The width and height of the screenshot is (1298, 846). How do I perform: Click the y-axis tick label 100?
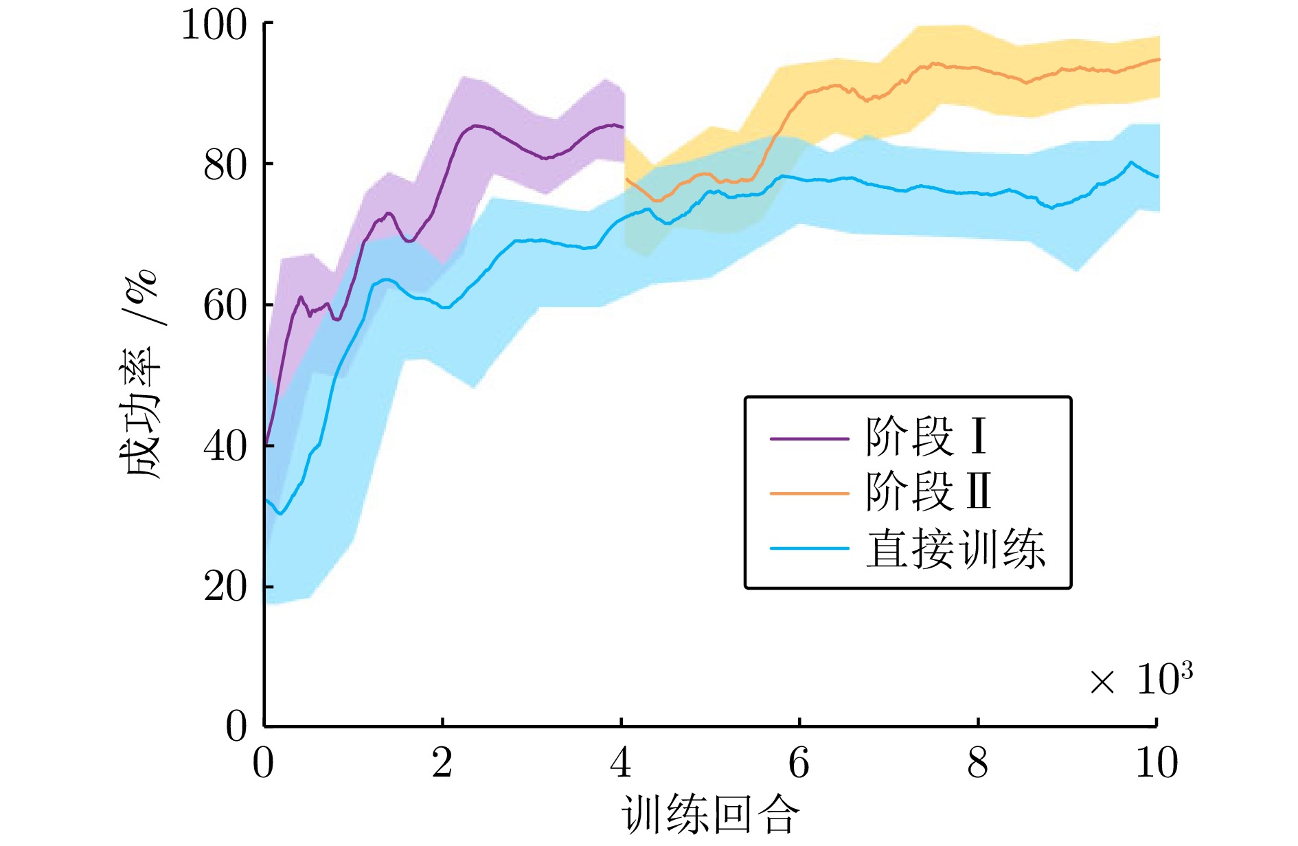(214, 26)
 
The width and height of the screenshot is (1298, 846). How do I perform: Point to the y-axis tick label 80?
(225, 166)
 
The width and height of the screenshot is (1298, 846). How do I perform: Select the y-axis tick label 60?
(225, 307)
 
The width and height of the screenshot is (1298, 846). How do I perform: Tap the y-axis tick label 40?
(225, 447)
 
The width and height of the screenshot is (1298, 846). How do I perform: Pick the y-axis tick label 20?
(225, 588)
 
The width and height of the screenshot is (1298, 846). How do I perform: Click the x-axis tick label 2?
(442, 763)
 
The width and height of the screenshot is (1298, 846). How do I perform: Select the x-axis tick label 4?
(621, 763)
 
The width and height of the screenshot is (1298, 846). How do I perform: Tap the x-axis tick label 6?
(799, 763)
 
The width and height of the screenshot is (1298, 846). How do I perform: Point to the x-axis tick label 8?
(978, 763)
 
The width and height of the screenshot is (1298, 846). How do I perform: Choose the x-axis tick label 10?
(1157, 763)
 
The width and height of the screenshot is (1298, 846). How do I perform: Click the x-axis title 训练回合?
(711, 816)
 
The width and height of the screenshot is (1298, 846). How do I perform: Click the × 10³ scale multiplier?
(1141, 680)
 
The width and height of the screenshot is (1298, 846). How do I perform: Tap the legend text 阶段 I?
(926, 437)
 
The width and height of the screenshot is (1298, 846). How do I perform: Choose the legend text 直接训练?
(955, 549)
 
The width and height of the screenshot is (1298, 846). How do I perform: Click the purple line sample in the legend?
(809, 438)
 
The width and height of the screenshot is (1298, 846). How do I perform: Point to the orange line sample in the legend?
(809, 493)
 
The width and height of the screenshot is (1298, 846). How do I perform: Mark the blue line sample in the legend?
(809, 548)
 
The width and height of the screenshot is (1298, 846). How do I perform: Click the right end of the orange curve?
(1158, 60)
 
